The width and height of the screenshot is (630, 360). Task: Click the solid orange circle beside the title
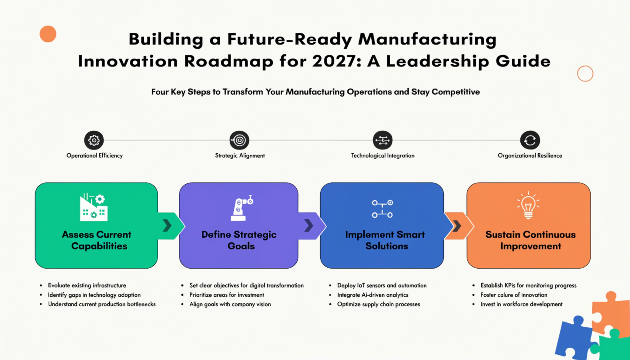pos(48,34)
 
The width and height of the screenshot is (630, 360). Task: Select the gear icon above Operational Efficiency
pos(94,140)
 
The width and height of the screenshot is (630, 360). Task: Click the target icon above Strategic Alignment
pos(239,140)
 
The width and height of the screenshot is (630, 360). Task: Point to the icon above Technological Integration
pos(383,140)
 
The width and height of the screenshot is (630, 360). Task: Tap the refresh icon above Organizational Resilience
pos(530,140)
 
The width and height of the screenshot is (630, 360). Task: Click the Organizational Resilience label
pos(530,155)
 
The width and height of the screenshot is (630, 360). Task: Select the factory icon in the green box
pos(94,207)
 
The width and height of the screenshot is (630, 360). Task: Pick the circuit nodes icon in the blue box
pos(382,209)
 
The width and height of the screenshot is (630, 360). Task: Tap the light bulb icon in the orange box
pos(528,206)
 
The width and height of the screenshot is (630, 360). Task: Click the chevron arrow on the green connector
pos(167,226)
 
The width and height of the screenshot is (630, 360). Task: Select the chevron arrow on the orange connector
pos(457,226)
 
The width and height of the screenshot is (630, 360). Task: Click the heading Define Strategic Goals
pos(239,240)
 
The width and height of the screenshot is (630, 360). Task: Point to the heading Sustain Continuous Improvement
pos(531,240)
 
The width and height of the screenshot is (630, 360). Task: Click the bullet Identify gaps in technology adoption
pos(94,295)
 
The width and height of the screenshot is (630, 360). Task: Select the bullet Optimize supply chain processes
pos(379,304)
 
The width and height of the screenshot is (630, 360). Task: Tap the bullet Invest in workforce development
pos(521,304)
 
